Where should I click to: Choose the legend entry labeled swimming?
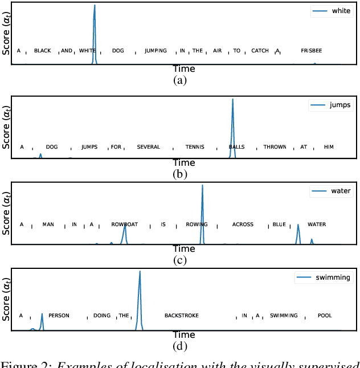click(322, 278)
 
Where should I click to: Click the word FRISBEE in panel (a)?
click(311, 51)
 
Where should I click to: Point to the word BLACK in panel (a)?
click(42, 51)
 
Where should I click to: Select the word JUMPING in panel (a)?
click(156, 51)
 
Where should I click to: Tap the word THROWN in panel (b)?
click(275, 147)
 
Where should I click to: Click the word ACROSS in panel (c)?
click(243, 224)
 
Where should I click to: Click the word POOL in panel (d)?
click(325, 315)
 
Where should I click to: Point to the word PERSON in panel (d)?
click(58, 315)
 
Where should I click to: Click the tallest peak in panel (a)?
click(95, 6)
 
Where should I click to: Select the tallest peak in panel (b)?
click(232, 100)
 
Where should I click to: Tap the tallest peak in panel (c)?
click(202, 185)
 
